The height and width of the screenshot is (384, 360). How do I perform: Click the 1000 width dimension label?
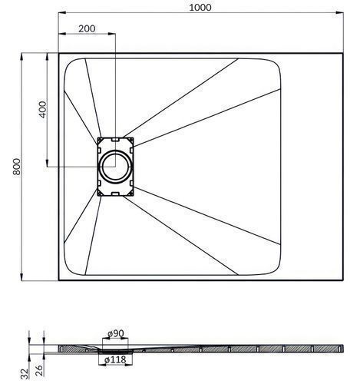pyautogui.click(x=200, y=8)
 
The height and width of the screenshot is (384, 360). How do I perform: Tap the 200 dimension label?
pyautogui.click(x=87, y=28)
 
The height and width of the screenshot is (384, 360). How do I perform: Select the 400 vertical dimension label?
pyautogui.click(x=43, y=110)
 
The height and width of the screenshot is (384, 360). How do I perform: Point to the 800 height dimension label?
pyautogui.click(x=17, y=167)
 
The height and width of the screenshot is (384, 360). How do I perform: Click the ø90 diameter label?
pyautogui.click(x=116, y=333)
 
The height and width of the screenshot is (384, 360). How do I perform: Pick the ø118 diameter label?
pyautogui.click(x=115, y=359)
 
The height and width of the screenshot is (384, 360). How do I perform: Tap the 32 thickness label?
pyautogui.click(x=24, y=373)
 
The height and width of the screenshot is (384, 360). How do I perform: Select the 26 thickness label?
pyautogui.click(x=39, y=370)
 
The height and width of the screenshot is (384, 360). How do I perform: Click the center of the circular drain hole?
pyautogui.click(x=115, y=167)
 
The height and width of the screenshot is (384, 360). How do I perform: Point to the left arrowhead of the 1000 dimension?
pyautogui.click(x=62, y=12)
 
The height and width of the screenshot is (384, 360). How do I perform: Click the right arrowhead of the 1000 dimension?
pyautogui.click(x=339, y=12)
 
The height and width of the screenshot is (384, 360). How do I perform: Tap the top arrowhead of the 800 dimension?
pyautogui.click(x=21, y=57)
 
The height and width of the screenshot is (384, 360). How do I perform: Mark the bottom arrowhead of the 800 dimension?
pyautogui.click(x=21, y=276)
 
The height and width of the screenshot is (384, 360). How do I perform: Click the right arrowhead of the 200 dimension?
pyautogui.click(x=112, y=33)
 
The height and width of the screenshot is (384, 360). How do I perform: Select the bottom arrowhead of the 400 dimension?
pyautogui.click(x=48, y=163)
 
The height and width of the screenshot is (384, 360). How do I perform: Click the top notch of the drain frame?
pyautogui.click(x=115, y=140)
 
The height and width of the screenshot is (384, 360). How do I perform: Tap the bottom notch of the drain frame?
pyautogui.click(x=115, y=194)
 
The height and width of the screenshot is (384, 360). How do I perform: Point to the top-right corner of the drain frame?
pyautogui.click(x=134, y=137)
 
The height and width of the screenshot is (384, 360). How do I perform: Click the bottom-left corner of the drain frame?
pyautogui.click(x=97, y=196)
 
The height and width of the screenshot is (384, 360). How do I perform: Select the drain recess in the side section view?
pyautogui.click(x=115, y=350)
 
